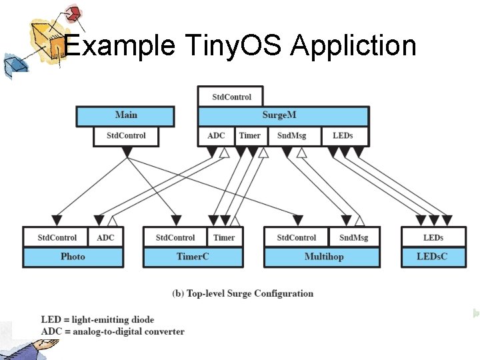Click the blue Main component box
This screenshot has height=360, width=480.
click(x=125, y=115)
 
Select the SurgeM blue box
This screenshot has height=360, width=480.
click(x=283, y=115)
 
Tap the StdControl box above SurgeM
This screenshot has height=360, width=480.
click(x=231, y=97)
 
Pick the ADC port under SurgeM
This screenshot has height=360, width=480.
click(x=216, y=136)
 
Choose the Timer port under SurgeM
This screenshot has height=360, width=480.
click(x=250, y=136)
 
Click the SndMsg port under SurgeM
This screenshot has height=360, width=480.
click(x=291, y=136)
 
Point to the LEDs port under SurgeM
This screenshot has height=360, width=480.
click(x=342, y=136)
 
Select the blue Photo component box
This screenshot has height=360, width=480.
click(x=73, y=257)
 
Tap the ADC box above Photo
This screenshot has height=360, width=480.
click(x=105, y=237)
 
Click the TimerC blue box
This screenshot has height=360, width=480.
click(x=193, y=257)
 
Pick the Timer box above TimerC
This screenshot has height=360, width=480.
click(x=224, y=237)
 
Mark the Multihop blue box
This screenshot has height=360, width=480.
click(x=323, y=257)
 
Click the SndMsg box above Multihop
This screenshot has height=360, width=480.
click(x=353, y=237)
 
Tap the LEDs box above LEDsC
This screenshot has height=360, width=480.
click(x=433, y=237)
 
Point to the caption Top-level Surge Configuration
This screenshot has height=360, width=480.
click(x=242, y=293)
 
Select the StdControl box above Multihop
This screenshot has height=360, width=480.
click(x=297, y=237)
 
